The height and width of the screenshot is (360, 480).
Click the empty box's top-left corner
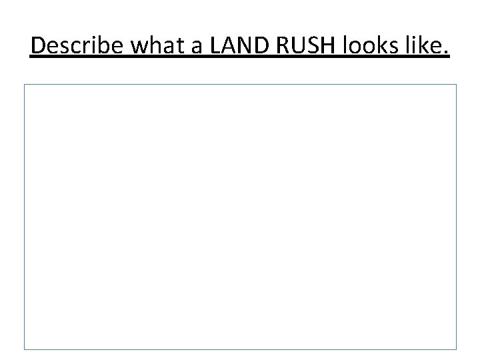[25, 85]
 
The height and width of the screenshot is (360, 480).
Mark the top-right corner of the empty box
[457, 85]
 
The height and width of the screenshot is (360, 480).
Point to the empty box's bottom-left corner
[25, 349]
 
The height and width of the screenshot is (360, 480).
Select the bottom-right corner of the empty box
[457, 349]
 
